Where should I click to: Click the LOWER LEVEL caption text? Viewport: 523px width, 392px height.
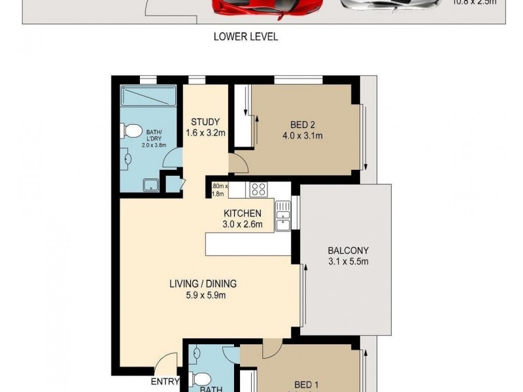[x=246, y=37]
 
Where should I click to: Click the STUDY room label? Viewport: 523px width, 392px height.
[x=205, y=122]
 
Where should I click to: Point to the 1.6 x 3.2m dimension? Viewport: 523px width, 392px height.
[x=205, y=133]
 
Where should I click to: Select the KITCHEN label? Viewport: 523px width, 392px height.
[x=243, y=213]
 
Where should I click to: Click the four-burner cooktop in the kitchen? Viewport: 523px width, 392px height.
[x=258, y=189]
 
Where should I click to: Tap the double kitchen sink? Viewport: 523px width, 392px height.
[x=283, y=216]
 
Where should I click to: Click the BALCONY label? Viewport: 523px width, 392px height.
[x=348, y=250]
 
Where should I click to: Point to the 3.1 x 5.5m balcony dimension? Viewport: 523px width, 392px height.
[x=348, y=262]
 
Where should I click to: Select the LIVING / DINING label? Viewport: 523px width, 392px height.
[x=203, y=284]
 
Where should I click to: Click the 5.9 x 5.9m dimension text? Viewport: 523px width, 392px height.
[x=203, y=295]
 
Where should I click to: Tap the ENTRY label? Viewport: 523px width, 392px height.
[x=165, y=382]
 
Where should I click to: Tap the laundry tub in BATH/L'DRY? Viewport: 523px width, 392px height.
[x=150, y=185]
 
